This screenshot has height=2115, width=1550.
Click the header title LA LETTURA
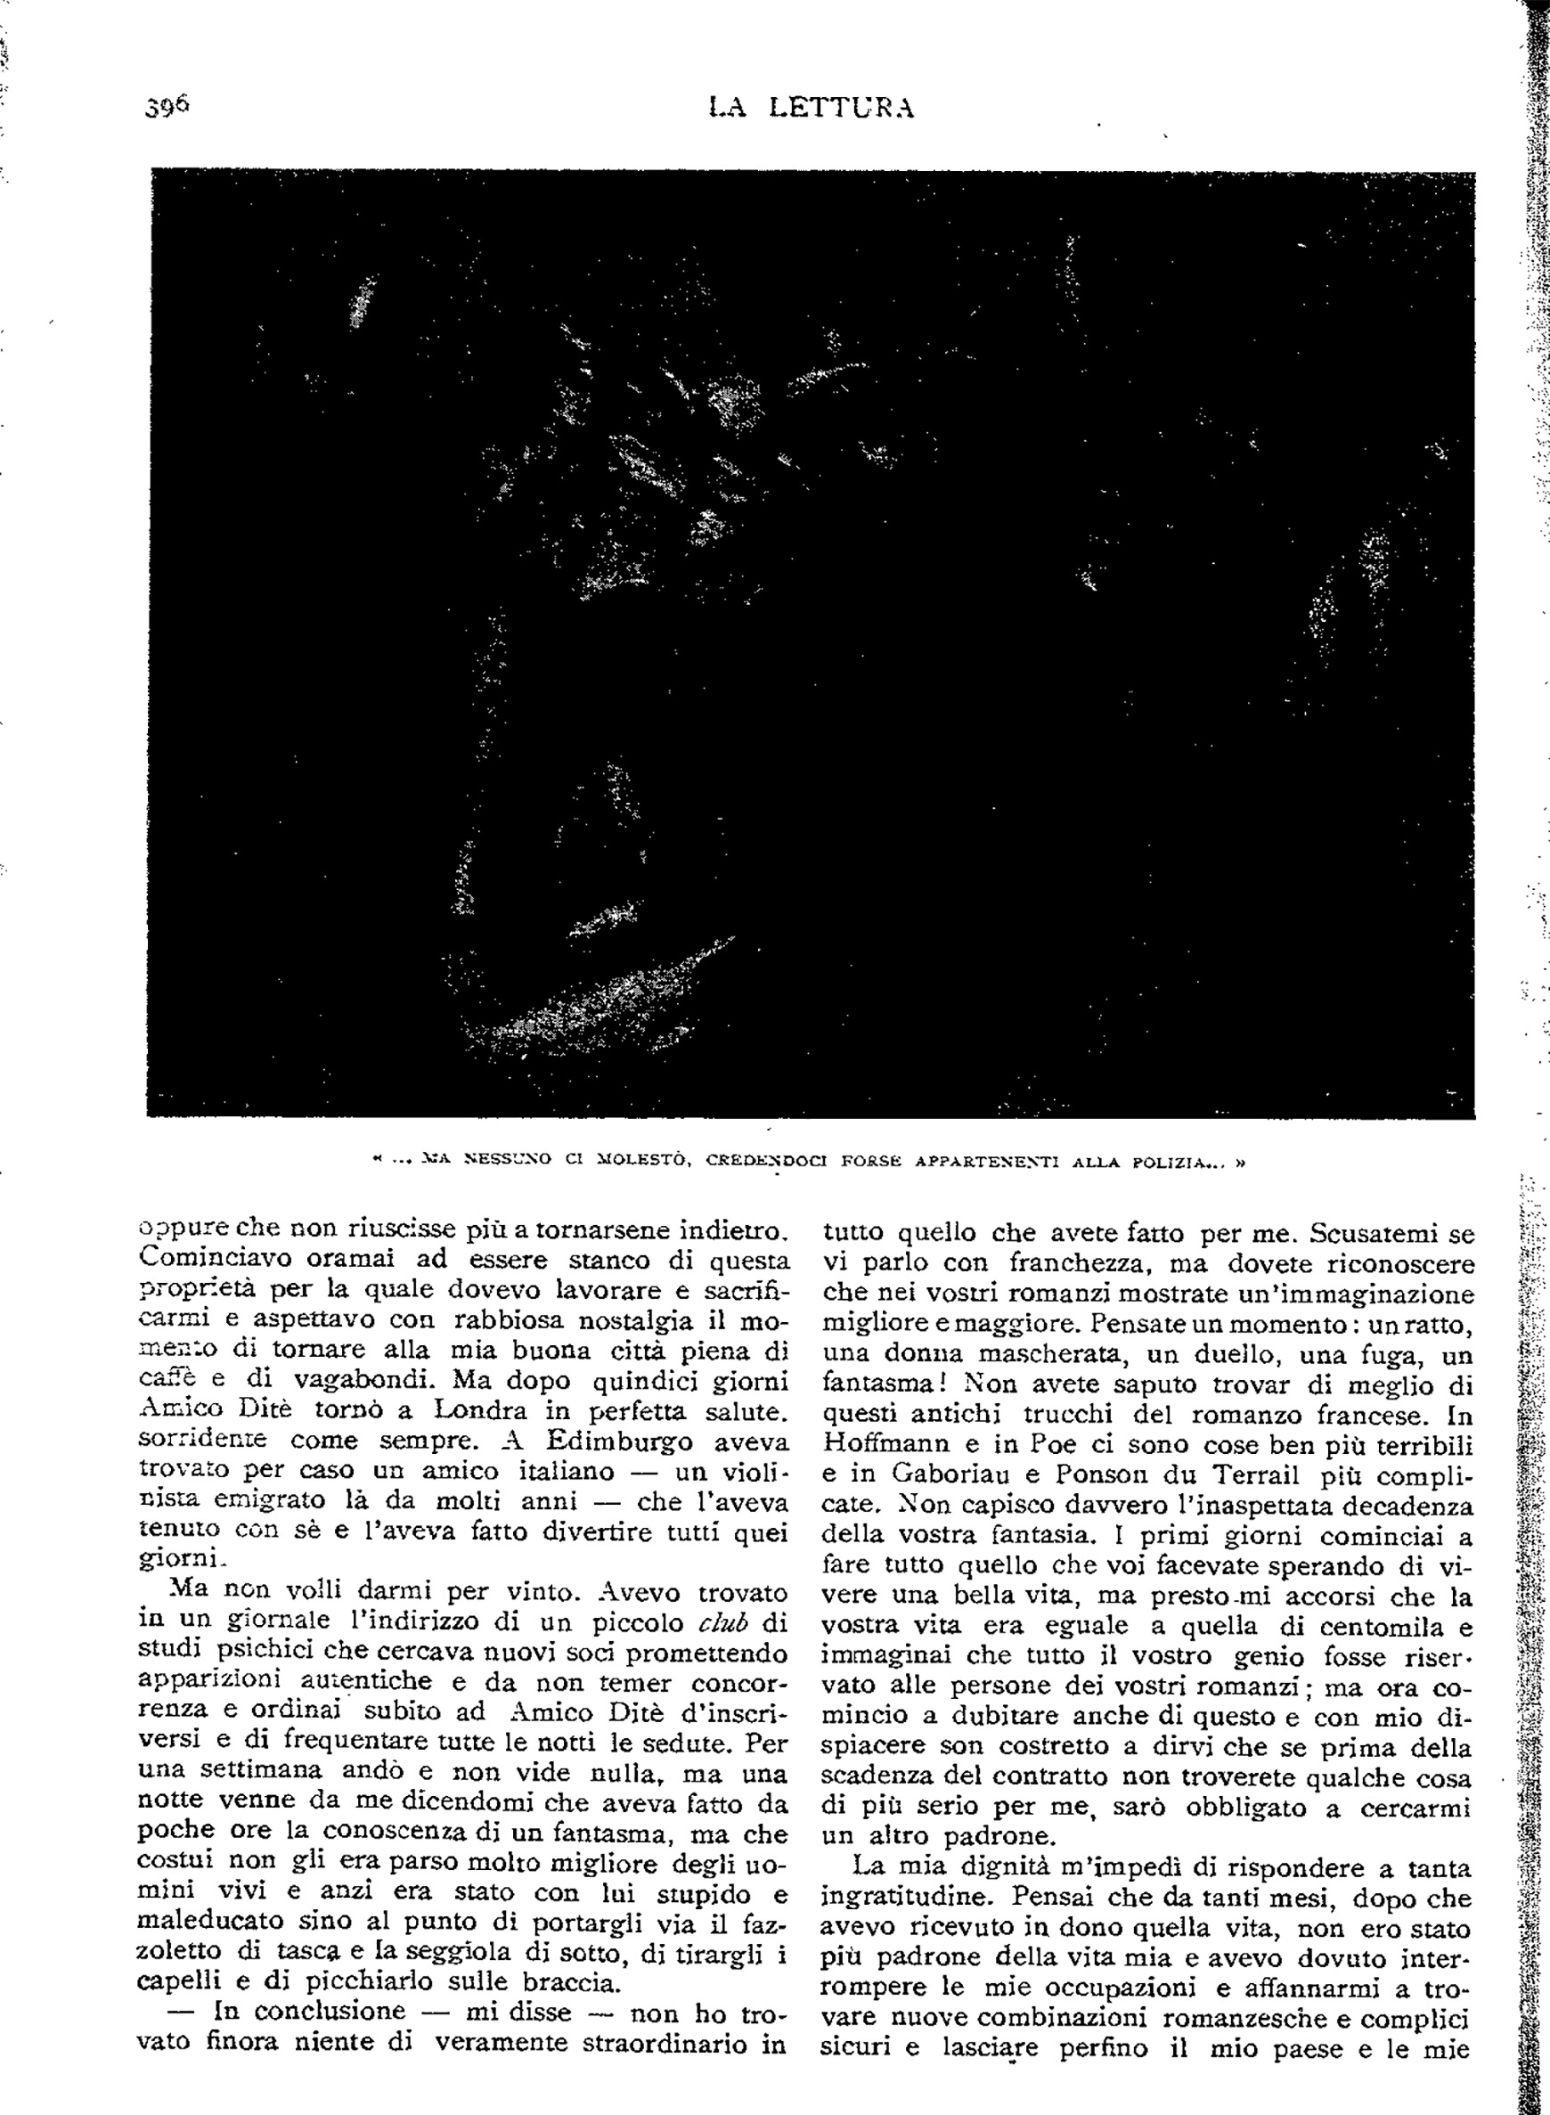(x=811, y=108)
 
